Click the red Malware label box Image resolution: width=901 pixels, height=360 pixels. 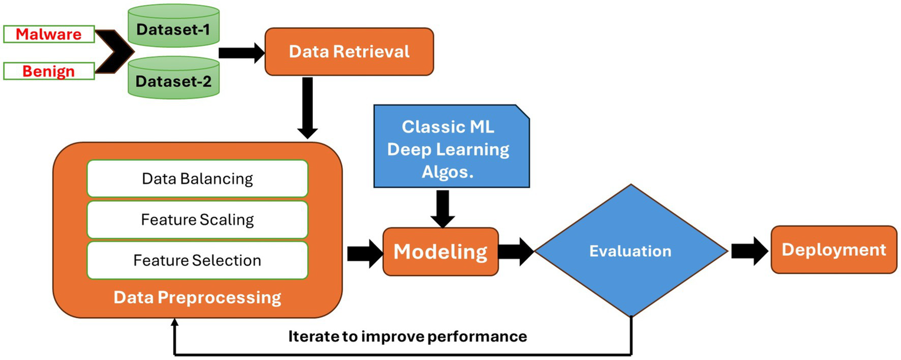point(49,34)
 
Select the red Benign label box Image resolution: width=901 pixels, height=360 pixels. point(49,71)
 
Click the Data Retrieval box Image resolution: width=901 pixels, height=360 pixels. point(349,52)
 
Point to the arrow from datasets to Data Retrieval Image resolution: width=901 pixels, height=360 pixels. point(241,53)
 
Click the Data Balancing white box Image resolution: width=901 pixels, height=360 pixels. point(197,179)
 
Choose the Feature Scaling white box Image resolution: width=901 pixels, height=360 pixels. point(197,220)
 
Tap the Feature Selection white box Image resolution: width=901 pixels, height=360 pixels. point(197,260)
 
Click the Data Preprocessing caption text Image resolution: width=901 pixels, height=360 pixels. point(197,297)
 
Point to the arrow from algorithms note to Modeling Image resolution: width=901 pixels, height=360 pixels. point(443,208)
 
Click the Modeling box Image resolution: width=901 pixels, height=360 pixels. point(440,252)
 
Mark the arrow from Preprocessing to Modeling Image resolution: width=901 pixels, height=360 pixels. point(363,253)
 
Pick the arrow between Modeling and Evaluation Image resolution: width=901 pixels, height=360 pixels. point(516,252)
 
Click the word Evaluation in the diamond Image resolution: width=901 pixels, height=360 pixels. point(630,251)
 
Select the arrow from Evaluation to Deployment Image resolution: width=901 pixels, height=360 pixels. point(749,251)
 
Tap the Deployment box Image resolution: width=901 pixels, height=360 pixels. point(833,250)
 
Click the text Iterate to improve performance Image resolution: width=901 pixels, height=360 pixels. point(407,337)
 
